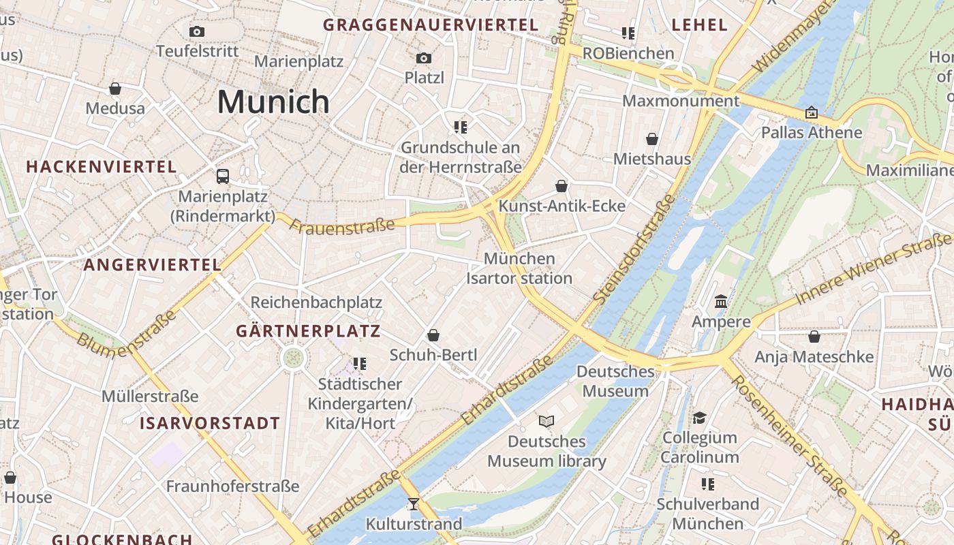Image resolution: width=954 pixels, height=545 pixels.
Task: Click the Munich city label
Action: pyautogui.click(x=273, y=102)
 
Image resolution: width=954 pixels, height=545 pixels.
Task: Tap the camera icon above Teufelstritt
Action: pyautogui.click(x=197, y=31)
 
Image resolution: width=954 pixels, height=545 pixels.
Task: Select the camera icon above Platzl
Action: pyautogui.click(x=424, y=58)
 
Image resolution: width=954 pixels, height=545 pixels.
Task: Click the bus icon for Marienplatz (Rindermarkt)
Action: pyautogui.click(x=223, y=176)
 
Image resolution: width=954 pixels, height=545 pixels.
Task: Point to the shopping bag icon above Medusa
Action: pyautogui.click(x=115, y=89)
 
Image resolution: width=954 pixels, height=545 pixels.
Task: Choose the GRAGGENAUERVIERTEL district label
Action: pyautogui.click(x=431, y=25)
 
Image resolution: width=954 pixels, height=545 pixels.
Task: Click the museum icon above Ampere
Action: pyautogui.click(x=721, y=301)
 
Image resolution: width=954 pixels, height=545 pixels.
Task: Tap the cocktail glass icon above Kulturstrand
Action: pyautogui.click(x=413, y=504)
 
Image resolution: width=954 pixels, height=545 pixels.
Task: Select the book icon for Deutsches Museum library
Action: pyautogui.click(x=547, y=421)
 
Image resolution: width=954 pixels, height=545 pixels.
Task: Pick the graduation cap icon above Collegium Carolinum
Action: pyautogui.click(x=699, y=417)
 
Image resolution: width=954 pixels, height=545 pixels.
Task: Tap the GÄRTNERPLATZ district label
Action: pyautogui.click(x=308, y=332)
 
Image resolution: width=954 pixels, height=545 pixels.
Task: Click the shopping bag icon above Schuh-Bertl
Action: pyautogui.click(x=433, y=335)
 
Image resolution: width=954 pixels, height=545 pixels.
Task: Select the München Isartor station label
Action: pyautogui.click(x=519, y=268)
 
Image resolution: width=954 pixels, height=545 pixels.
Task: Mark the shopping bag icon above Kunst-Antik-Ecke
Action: pyautogui.click(x=561, y=186)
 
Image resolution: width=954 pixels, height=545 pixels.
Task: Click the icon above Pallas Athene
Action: pyautogui.click(x=811, y=112)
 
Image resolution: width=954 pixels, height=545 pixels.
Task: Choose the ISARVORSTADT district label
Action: pyautogui.click(x=210, y=423)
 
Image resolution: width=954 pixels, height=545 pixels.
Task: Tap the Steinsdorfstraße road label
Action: pyautogui.click(x=635, y=249)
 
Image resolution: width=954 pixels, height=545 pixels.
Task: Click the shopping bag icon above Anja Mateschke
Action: pyautogui.click(x=814, y=337)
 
